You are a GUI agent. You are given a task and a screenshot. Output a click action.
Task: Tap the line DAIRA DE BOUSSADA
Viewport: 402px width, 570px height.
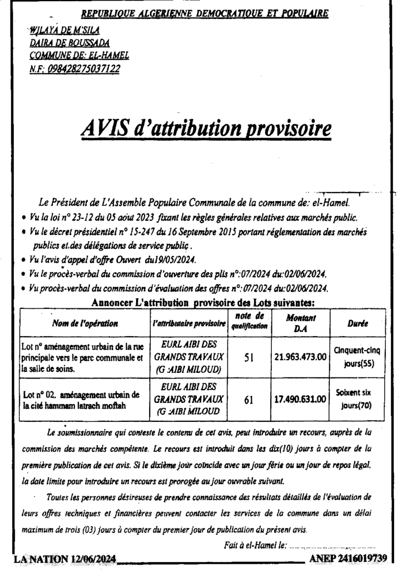tap(70, 43)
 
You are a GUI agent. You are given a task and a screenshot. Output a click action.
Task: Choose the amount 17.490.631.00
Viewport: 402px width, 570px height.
tap(301, 399)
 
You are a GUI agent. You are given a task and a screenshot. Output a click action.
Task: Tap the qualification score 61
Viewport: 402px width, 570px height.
tap(249, 399)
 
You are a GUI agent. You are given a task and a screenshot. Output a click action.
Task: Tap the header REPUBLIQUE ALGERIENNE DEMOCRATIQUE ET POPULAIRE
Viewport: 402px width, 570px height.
tap(205, 13)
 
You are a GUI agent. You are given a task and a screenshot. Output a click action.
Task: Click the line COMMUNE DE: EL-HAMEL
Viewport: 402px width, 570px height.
tap(79, 55)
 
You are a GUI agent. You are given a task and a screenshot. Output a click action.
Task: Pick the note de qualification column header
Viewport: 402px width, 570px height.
tap(249, 322)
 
